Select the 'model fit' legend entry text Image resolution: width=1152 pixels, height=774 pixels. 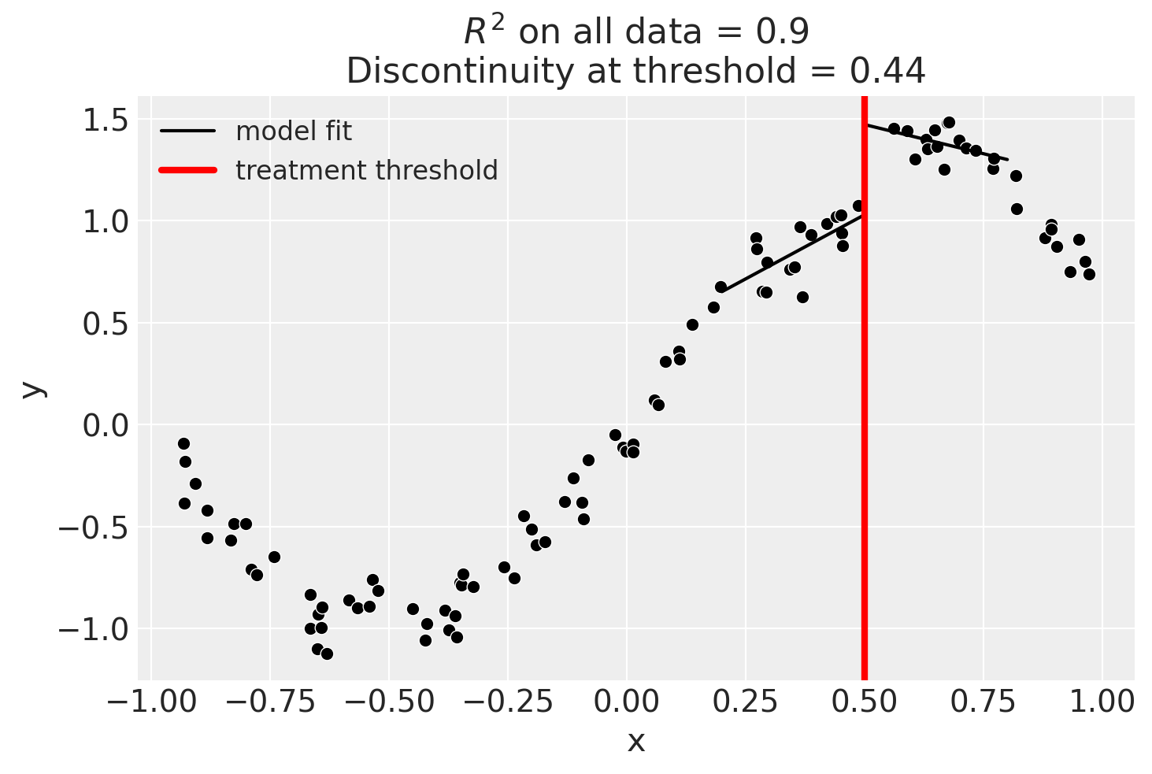(293, 131)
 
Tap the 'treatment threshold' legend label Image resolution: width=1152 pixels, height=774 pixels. (366, 171)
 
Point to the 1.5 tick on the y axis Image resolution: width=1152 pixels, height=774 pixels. (106, 120)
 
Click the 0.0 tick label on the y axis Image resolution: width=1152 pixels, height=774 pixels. (106, 425)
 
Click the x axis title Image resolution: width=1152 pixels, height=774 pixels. (635, 742)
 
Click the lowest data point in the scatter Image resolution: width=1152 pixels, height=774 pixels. (327, 654)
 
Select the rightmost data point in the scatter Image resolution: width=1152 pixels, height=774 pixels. (1089, 274)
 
